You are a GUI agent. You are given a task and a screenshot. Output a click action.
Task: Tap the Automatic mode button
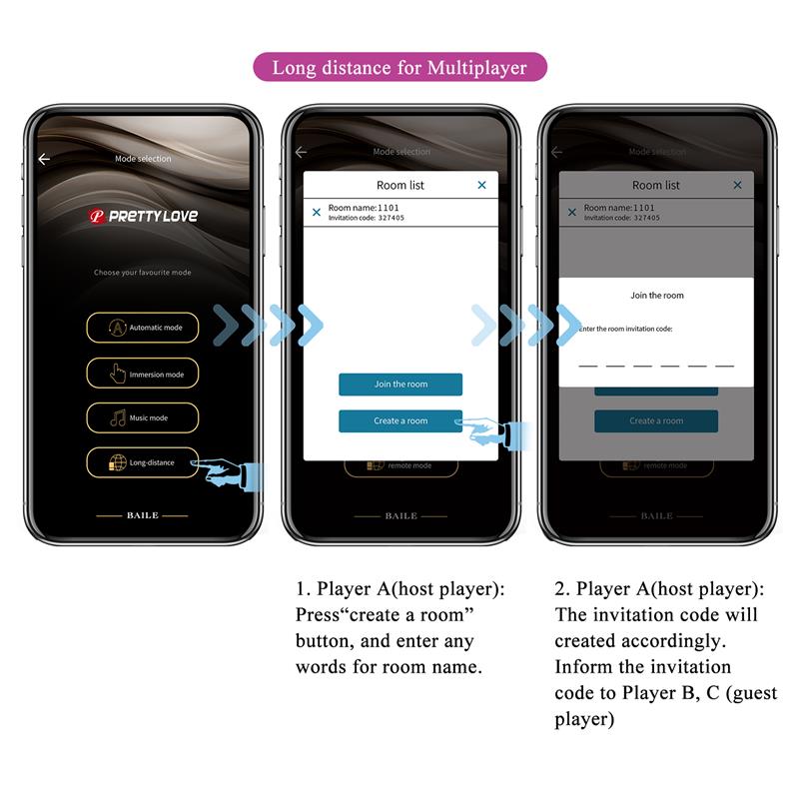pyautogui.click(x=142, y=328)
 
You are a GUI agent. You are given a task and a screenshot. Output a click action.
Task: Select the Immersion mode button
pyautogui.click(x=142, y=374)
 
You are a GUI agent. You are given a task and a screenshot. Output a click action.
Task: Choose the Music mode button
pyautogui.click(x=142, y=417)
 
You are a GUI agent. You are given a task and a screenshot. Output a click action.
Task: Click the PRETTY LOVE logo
pyautogui.click(x=143, y=216)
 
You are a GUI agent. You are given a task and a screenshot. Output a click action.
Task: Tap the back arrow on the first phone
pyautogui.click(x=44, y=159)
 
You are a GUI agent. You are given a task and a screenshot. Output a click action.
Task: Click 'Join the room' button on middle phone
pyautogui.click(x=399, y=385)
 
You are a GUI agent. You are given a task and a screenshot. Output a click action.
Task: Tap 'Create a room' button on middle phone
pyautogui.click(x=399, y=420)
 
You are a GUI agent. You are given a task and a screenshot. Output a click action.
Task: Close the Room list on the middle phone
pyautogui.click(x=481, y=185)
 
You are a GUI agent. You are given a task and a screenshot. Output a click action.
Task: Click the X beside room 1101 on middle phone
pyautogui.click(x=317, y=212)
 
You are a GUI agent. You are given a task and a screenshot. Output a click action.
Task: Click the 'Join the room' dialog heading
pyautogui.click(x=657, y=296)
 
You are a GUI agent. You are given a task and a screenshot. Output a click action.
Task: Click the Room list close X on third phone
pyautogui.click(x=737, y=185)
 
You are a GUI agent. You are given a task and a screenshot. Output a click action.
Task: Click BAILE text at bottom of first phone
pyautogui.click(x=142, y=515)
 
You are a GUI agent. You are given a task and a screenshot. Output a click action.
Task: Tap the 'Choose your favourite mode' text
pyautogui.click(x=142, y=273)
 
